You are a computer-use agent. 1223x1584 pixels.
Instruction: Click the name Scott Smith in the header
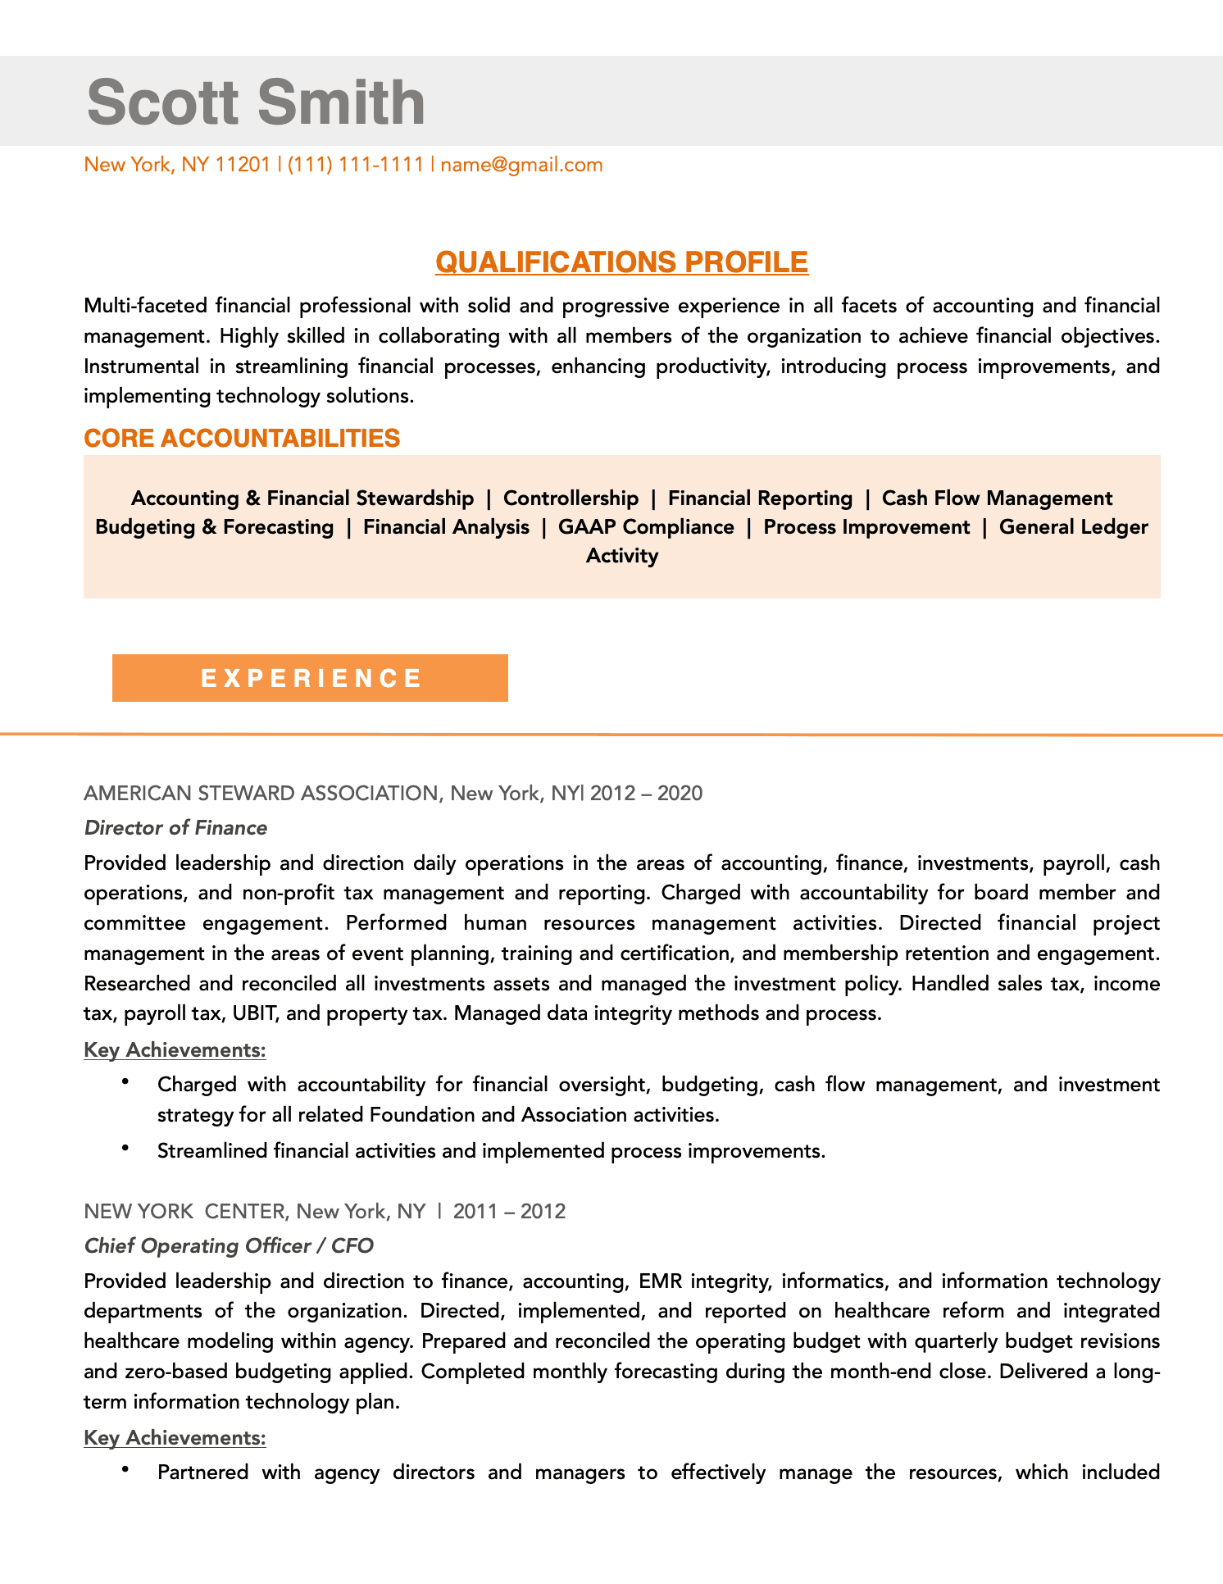[x=256, y=102]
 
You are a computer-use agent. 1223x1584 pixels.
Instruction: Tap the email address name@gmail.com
[x=521, y=165]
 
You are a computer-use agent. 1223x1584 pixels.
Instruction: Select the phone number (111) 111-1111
[x=355, y=165]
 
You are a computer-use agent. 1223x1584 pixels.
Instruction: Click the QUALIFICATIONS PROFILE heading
[x=621, y=262]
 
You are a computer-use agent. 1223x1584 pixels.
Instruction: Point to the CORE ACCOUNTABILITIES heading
[x=242, y=439]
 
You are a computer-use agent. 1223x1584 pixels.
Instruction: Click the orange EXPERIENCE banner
[x=310, y=678]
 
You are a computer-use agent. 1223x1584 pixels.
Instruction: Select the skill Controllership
[x=571, y=498]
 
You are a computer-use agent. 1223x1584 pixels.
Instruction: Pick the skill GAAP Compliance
[x=646, y=527]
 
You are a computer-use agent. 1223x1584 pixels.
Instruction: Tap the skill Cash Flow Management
[x=997, y=498]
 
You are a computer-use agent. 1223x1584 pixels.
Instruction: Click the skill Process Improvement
[x=866, y=527]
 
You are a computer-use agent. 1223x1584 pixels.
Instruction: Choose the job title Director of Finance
[x=175, y=828]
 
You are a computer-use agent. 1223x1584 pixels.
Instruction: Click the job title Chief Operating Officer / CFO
[x=229, y=1246]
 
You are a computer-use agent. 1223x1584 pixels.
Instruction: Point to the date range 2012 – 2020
[x=646, y=794]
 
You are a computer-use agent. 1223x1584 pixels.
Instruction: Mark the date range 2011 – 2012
[x=509, y=1212]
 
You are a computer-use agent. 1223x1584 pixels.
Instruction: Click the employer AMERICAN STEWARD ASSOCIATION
[x=261, y=794]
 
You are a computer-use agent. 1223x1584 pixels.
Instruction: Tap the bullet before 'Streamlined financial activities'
[x=125, y=1149]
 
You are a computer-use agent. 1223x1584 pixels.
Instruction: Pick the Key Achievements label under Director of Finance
[x=175, y=1050]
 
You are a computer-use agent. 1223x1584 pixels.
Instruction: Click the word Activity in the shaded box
[x=621, y=556]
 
